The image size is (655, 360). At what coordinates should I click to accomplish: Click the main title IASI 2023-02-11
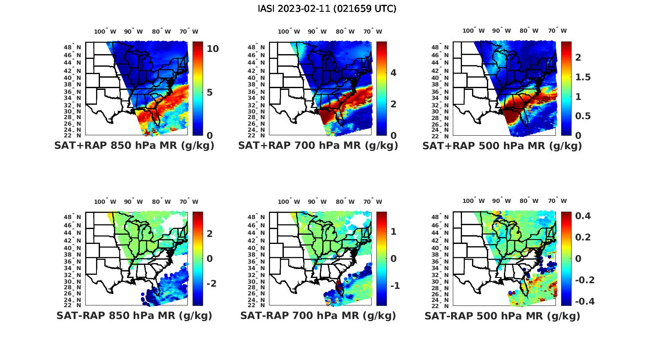(327, 9)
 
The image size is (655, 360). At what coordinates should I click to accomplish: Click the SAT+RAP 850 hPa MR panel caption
(134, 146)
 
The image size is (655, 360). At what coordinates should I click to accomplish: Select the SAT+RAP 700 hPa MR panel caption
(318, 146)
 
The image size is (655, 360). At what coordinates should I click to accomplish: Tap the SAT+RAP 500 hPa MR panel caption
(502, 146)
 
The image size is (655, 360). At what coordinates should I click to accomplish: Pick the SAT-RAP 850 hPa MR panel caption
(134, 315)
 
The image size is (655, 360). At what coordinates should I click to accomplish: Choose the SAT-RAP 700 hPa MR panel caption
(318, 315)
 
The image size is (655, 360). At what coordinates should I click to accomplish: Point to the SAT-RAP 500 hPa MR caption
(502, 316)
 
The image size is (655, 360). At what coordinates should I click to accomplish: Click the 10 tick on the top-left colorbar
(213, 48)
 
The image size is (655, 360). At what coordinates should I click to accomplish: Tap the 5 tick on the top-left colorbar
(210, 92)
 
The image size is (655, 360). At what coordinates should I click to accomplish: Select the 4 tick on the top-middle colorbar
(393, 72)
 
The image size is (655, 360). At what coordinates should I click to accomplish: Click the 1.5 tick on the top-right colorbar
(583, 77)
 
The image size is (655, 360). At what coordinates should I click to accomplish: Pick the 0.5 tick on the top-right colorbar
(583, 116)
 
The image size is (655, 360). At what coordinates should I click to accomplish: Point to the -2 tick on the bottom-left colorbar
(211, 284)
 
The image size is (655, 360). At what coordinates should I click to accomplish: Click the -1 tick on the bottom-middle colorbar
(395, 286)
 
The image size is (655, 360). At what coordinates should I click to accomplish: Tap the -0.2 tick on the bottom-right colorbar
(584, 280)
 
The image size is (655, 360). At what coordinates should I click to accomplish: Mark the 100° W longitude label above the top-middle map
(289, 31)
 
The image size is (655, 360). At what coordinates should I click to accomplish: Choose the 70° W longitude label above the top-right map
(557, 31)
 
